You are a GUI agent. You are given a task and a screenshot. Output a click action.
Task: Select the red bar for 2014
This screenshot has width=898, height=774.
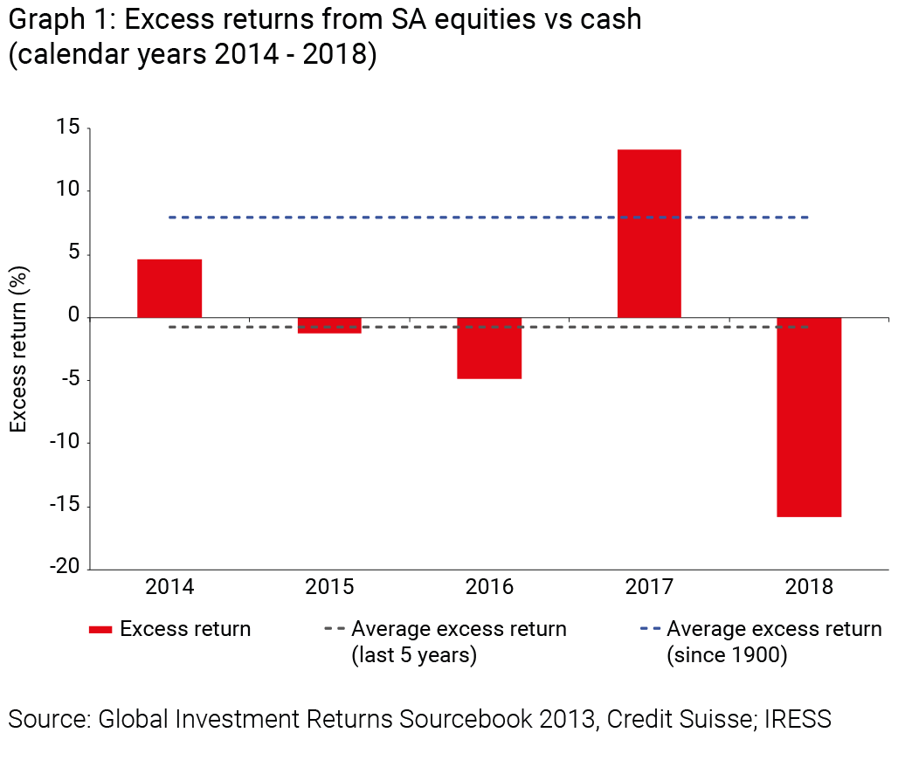169,288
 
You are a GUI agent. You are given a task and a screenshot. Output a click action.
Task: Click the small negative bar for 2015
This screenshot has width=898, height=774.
329,325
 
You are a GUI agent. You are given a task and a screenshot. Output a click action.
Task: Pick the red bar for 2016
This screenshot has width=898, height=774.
489,348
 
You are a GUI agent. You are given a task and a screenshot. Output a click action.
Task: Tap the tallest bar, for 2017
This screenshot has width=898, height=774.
649,233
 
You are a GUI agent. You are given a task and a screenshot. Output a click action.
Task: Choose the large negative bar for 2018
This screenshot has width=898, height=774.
809,417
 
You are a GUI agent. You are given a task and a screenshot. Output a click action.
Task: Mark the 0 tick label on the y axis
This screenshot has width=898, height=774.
75,316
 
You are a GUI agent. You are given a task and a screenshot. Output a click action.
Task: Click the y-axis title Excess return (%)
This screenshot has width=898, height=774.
18,348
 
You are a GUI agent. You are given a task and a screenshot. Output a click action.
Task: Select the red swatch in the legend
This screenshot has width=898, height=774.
100,630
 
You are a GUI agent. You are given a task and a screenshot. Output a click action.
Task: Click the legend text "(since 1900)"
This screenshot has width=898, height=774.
726,655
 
